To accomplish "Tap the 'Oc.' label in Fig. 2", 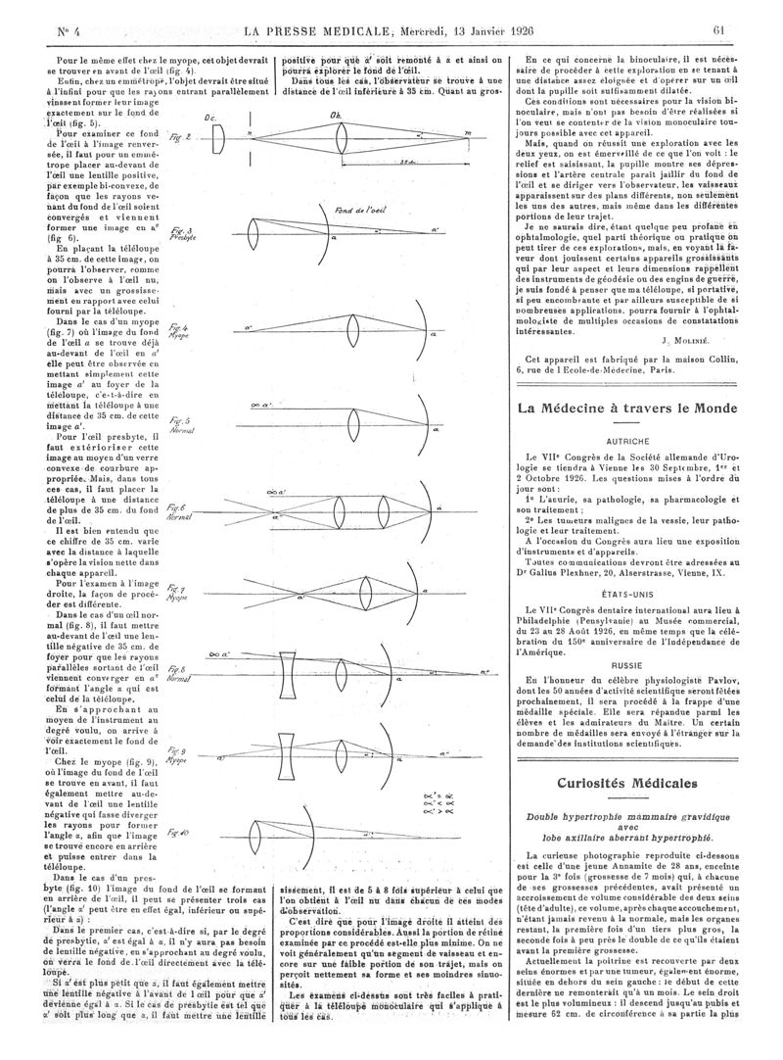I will (209, 117).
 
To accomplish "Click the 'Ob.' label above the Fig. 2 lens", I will (339, 113).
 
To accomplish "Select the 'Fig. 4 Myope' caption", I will (179, 330).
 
